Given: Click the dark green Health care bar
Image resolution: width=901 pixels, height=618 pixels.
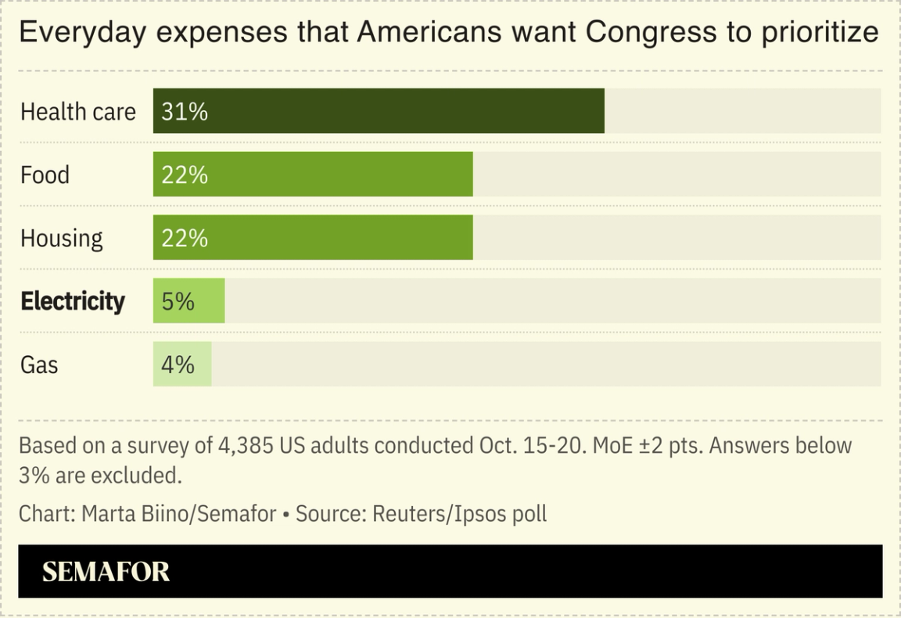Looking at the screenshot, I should coord(379,111).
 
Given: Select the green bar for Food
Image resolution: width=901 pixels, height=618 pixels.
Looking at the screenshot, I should coord(313,174).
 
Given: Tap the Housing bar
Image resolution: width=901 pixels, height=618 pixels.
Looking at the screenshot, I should coord(313,238).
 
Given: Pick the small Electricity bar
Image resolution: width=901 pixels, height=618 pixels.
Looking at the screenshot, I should coord(189,301).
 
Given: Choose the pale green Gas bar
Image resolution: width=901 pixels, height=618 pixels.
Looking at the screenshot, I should coord(182,365).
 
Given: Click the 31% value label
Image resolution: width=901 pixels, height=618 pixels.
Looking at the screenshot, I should coord(185,112).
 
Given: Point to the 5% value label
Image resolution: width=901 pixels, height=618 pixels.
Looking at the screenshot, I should coord(178,301).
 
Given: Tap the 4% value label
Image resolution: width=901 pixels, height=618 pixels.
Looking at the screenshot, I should coord(178,365).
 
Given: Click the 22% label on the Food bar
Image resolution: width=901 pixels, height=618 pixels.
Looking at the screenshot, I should coord(185,175).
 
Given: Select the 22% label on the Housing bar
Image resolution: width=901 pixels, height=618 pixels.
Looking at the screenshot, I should coord(185,239).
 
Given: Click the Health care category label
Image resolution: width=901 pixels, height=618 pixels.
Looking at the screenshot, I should coord(77,112).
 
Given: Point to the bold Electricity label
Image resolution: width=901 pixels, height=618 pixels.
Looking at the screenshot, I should coord(72,301).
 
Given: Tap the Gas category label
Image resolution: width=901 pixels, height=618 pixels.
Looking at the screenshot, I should coord(39,365).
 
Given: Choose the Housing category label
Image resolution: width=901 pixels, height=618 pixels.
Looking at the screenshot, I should coord(61,239).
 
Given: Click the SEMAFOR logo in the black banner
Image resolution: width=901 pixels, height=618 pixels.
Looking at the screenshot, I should coord(106,572).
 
